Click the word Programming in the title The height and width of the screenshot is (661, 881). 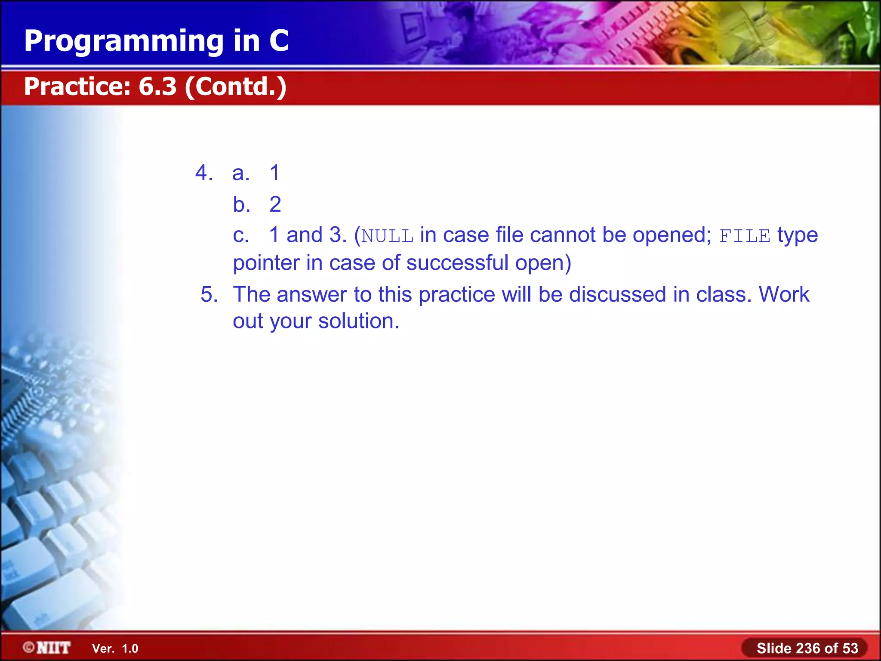124,41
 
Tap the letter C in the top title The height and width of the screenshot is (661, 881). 279,40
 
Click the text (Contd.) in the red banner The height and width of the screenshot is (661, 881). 236,87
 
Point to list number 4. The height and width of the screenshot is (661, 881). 203,173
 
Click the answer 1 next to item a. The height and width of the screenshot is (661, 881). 274,173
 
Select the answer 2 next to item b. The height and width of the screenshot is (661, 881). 275,204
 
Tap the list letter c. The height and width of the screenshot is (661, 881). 240,235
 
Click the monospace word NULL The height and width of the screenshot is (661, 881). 387,236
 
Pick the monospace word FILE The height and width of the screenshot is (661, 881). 745,236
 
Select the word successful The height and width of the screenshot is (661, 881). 457,263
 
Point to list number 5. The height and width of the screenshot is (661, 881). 209,295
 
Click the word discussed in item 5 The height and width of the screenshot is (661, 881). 617,295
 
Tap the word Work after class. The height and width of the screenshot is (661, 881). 784,295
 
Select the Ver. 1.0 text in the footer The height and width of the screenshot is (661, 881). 115,649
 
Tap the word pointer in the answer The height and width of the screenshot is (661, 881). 266,263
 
